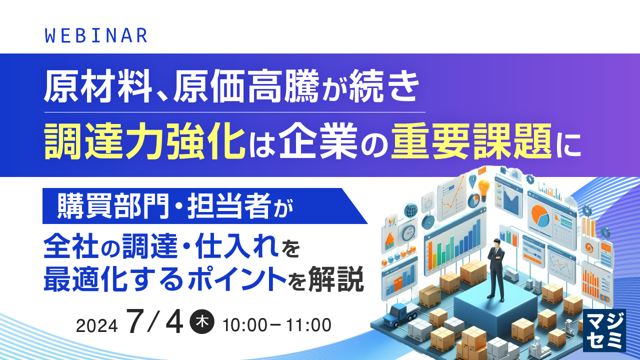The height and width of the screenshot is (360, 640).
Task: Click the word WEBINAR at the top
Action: pos(96,35)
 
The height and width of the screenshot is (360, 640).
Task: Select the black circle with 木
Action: pos(203,323)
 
